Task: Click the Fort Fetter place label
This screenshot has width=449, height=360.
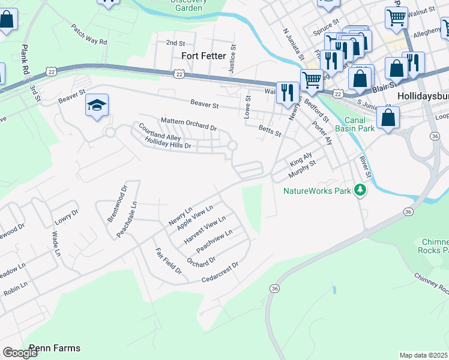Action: point(203,56)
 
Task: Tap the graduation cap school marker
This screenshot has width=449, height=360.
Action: point(97,106)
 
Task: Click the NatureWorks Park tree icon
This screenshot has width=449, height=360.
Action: point(360,190)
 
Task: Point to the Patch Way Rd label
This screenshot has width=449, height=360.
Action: point(88,35)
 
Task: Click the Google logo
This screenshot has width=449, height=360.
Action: point(20,353)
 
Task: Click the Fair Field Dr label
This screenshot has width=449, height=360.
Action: point(168,261)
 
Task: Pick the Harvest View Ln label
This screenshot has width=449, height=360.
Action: point(205,230)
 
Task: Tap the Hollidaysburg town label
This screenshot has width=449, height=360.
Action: point(423,95)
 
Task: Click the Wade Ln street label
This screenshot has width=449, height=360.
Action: point(56,244)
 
